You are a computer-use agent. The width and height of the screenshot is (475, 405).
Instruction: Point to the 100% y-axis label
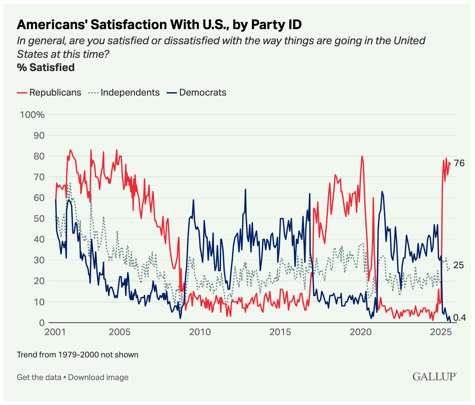[x=32, y=114]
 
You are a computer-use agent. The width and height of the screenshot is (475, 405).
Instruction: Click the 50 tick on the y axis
[x=39, y=219]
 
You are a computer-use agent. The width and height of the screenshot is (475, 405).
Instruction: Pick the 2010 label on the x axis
[x=200, y=332]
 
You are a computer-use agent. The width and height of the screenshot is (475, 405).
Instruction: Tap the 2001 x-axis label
[x=55, y=332]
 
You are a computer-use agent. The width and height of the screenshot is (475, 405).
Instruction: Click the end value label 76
[x=459, y=163]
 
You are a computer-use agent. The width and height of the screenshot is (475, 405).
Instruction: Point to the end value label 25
[x=458, y=265]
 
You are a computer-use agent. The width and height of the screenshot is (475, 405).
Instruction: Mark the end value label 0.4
[x=459, y=318]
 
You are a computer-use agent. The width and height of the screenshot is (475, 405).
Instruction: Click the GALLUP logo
[x=434, y=376]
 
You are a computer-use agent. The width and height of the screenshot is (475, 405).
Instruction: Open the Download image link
[x=98, y=377]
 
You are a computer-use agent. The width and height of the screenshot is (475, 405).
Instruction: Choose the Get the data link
[x=39, y=377]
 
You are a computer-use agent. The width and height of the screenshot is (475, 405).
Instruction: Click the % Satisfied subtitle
[x=45, y=68]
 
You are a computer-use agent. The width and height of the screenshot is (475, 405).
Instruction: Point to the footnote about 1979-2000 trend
[x=78, y=355]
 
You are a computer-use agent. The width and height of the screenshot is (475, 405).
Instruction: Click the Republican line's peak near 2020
[x=362, y=156]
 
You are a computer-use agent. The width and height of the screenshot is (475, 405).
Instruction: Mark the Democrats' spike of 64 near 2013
[x=245, y=190]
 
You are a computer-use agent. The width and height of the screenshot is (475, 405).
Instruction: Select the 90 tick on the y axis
[x=39, y=135]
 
